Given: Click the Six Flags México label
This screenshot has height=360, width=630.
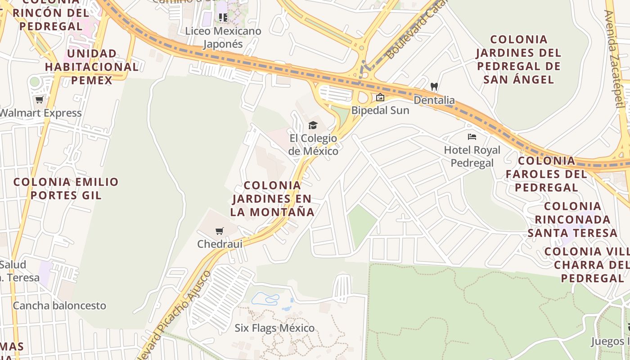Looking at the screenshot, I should pyautogui.click(x=274, y=328).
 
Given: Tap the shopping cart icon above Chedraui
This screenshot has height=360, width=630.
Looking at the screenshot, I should pyautogui.click(x=220, y=231).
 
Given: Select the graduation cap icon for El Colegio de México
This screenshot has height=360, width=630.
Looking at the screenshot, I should pyautogui.click(x=313, y=125).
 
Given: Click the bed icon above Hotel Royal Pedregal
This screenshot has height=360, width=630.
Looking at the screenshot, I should pyautogui.click(x=472, y=137).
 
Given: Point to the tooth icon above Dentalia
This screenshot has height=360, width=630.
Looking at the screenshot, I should pyautogui.click(x=434, y=86).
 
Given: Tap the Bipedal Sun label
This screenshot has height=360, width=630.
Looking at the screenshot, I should pyautogui.click(x=380, y=110).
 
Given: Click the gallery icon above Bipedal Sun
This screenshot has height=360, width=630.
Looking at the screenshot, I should pyautogui.click(x=380, y=97).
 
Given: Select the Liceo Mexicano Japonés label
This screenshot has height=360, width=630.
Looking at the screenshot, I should pyautogui.click(x=223, y=37).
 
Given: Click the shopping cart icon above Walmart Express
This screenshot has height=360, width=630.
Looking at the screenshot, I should pyautogui.click(x=40, y=100).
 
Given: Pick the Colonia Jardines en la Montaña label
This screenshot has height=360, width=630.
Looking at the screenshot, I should pyautogui.click(x=272, y=198).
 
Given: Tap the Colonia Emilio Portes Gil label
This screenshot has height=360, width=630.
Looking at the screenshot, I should pyautogui.click(x=66, y=189).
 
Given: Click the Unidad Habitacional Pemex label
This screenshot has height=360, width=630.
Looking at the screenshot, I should pyautogui.click(x=91, y=67).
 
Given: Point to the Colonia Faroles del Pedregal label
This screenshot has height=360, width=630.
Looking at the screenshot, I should pyautogui.click(x=546, y=174).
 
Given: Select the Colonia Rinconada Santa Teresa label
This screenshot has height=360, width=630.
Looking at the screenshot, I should pyautogui.click(x=572, y=220).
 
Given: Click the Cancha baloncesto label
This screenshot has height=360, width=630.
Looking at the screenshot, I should pyautogui.click(x=59, y=306).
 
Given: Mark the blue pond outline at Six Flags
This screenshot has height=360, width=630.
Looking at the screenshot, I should pyautogui.click(x=265, y=298).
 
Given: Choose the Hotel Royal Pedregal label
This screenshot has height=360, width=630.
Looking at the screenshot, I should pyautogui.click(x=472, y=156).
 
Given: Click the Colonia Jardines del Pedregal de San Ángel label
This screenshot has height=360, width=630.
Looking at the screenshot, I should pyautogui.click(x=518, y=59).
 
